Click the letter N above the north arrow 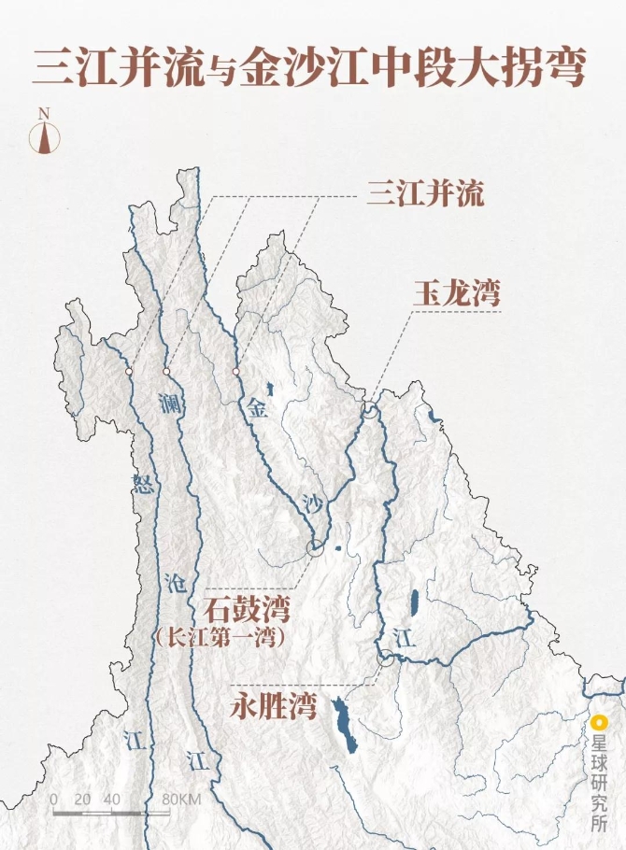(43, 113)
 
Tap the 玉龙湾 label (457, 293)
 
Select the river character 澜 (169, 404)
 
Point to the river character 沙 (314, 505)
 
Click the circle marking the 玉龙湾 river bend (370, 410)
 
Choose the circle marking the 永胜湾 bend (383, 658)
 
